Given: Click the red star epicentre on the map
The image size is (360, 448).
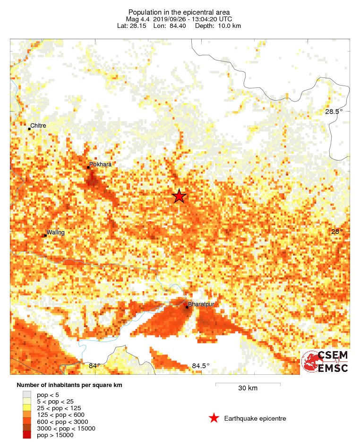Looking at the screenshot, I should point(179,196).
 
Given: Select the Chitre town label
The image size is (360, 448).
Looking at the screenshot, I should point(38,126).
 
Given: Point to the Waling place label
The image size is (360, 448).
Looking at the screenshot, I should point(55,232).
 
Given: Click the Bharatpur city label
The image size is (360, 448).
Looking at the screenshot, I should point(201,304).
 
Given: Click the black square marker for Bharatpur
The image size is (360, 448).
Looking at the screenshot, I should point(187,308).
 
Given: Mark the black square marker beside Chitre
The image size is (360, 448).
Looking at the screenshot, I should point(29,129).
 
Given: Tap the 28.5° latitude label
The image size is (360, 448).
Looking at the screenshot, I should point(333,112).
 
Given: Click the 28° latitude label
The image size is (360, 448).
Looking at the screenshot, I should point(336,232).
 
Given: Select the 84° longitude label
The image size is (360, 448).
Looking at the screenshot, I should point(94,366).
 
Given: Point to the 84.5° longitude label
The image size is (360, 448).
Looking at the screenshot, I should point(200,366).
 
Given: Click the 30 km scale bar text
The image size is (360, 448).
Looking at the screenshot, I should point(248,388).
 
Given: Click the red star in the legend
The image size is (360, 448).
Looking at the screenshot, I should point(214,418).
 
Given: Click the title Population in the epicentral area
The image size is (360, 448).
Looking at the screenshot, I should point(179,12).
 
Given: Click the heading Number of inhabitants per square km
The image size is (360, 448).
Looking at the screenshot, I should point(69,385).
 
